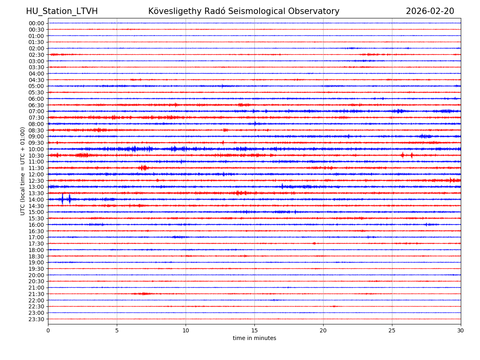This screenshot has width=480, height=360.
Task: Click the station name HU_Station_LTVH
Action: tap(62, 11)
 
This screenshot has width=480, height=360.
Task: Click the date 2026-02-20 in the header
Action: tap(430, 11)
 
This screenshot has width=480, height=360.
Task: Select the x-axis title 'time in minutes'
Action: tap(254, 338)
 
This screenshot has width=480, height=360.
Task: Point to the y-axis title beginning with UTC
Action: tap(23, 171)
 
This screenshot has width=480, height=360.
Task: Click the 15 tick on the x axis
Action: tap(254, 330)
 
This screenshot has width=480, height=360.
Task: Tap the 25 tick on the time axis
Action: tap(392, 330)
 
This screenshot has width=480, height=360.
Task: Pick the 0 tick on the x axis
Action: tap(48, 330)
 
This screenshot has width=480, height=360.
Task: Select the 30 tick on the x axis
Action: tap(461, 330)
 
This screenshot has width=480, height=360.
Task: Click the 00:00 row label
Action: tap(36, 23)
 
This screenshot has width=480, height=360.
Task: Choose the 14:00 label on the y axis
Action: tap(36, 200)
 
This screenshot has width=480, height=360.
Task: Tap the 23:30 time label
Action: tap(36, 319)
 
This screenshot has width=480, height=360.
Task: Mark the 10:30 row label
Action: tap(36, 156)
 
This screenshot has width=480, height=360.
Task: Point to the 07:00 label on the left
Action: tap(36, 111)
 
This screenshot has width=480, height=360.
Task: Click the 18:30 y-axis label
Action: tap(36, 256)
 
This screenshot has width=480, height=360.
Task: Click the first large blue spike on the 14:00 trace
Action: tap(62, 199)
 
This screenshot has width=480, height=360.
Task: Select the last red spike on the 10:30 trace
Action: tap(412, 155)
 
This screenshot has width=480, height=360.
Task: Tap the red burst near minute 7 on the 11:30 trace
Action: tap(143, 168)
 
